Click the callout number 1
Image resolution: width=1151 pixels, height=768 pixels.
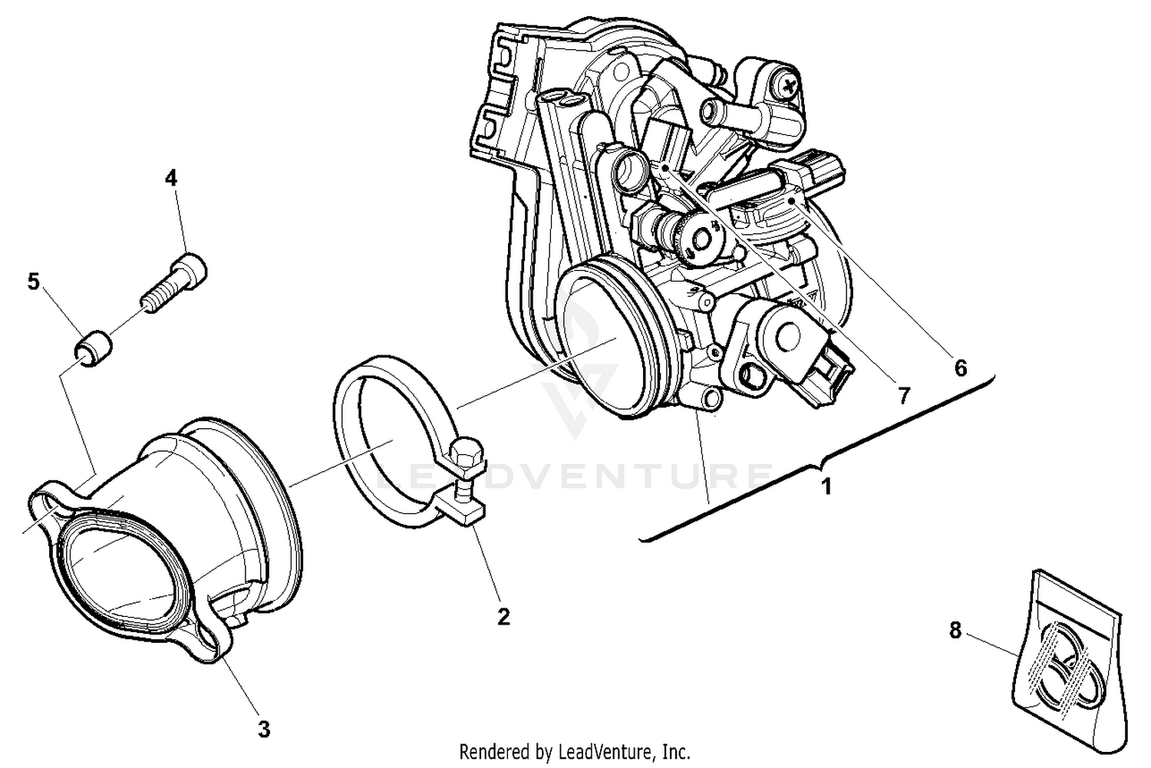point(826,486)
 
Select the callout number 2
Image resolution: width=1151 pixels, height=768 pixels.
point(503,616)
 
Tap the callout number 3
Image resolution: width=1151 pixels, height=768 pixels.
point(264,729)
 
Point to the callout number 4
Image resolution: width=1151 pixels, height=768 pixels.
point(170,178)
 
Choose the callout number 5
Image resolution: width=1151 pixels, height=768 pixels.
point(33,282)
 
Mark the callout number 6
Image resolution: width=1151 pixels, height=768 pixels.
point(960,368)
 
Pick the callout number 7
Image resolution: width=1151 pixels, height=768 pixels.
point(904,395)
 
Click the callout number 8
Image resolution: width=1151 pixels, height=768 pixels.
point(955,631)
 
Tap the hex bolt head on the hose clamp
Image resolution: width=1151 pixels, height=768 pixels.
point(467,458)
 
